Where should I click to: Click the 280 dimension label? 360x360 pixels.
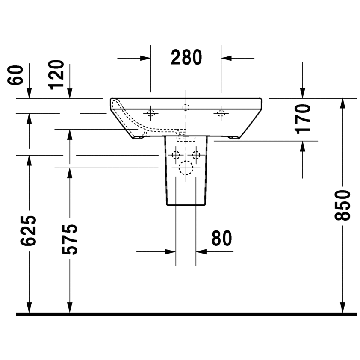186,57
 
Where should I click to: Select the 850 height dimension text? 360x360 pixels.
343,205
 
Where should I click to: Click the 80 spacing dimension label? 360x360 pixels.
221,239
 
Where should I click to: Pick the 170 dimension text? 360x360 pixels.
303,118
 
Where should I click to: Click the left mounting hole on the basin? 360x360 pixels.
150,113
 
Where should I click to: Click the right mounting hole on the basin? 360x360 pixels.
221,113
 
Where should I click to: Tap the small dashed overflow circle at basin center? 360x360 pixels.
186,107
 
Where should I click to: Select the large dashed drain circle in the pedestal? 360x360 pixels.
186,168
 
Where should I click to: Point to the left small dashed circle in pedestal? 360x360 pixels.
176,155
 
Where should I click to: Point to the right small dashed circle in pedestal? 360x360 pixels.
196,155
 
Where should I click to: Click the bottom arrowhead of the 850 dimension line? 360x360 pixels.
343,308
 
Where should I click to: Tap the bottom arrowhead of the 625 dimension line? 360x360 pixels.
29,308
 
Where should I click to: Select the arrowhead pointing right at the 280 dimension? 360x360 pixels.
146,57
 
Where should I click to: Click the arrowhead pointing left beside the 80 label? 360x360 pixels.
201,252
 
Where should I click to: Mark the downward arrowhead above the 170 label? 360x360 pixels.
303,93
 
